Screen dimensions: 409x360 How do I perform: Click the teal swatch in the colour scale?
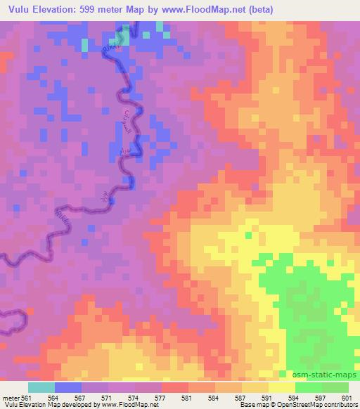tap(41, 387)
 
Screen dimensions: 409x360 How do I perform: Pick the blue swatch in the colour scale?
tap(68, 387)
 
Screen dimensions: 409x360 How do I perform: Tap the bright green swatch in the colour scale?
tap(308, 387)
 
